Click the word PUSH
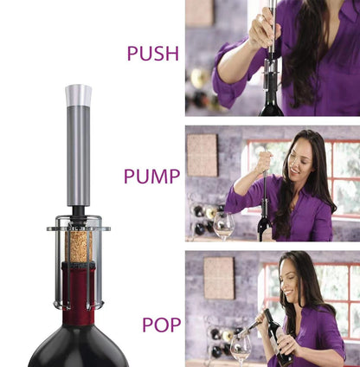tap(152, 54)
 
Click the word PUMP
tap(151, 177)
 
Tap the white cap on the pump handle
tap(79, 93)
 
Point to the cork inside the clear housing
tap(79, 246)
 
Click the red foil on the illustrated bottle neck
tap(79, 290)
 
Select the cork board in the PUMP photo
tap(202, 156)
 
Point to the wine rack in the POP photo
tap(216, 341)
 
